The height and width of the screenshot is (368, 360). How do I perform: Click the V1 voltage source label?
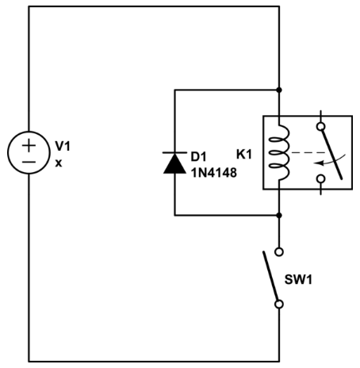[x=63, y=146]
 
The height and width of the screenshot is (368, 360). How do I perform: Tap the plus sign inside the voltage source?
[x=29, y=145]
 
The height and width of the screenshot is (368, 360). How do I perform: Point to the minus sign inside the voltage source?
[x=29, y=162]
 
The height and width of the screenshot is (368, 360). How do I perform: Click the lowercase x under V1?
[x=59, y=163]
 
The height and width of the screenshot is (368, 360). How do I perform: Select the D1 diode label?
[x=198, y=157]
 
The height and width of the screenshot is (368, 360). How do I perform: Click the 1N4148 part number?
[x=214, y=173]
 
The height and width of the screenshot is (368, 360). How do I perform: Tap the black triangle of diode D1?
[x=174, y=163]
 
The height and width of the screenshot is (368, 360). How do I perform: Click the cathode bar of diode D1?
[x=174, y=152]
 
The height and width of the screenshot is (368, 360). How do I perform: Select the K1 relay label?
[x=244, y=155]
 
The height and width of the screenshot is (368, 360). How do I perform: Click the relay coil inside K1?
[x=280, y=153]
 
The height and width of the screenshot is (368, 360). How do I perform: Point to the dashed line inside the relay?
[x=308, y=152]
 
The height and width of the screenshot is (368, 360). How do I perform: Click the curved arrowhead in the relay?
[x=318, y=163]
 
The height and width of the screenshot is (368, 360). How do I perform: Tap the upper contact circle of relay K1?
[x=321, y=126]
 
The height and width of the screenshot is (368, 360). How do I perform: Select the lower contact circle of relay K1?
[x=321, y=179]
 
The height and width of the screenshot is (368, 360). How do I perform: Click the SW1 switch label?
[x=298, y=279]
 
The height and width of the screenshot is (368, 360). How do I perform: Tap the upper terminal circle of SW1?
[x=279, y=251]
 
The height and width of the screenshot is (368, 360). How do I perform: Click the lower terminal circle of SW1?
[x=279, y=305]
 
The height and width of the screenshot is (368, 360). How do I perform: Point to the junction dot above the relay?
[x=279, y=90]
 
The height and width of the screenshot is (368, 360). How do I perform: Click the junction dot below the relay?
[x=279, y=216]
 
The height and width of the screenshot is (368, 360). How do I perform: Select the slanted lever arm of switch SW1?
[x=270, y=276]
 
